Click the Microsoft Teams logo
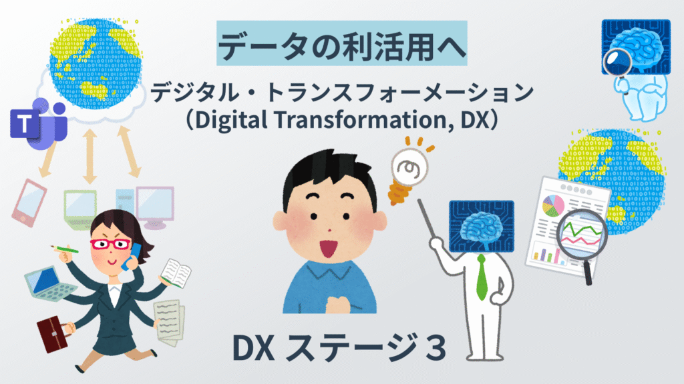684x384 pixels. coord(38,123)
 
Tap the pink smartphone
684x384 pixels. coord(29,203)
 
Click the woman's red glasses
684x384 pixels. coord(110,243)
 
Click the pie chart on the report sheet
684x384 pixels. coord(553,205)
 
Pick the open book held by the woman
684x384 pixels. coord(176,273)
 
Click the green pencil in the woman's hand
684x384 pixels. coord(65,249)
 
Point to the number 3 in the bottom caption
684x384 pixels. coord(436,348)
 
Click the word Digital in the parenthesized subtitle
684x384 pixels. coord(231,120)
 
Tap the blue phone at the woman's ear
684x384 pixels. coord(132,257)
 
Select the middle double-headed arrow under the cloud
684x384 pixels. coord(90,155)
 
